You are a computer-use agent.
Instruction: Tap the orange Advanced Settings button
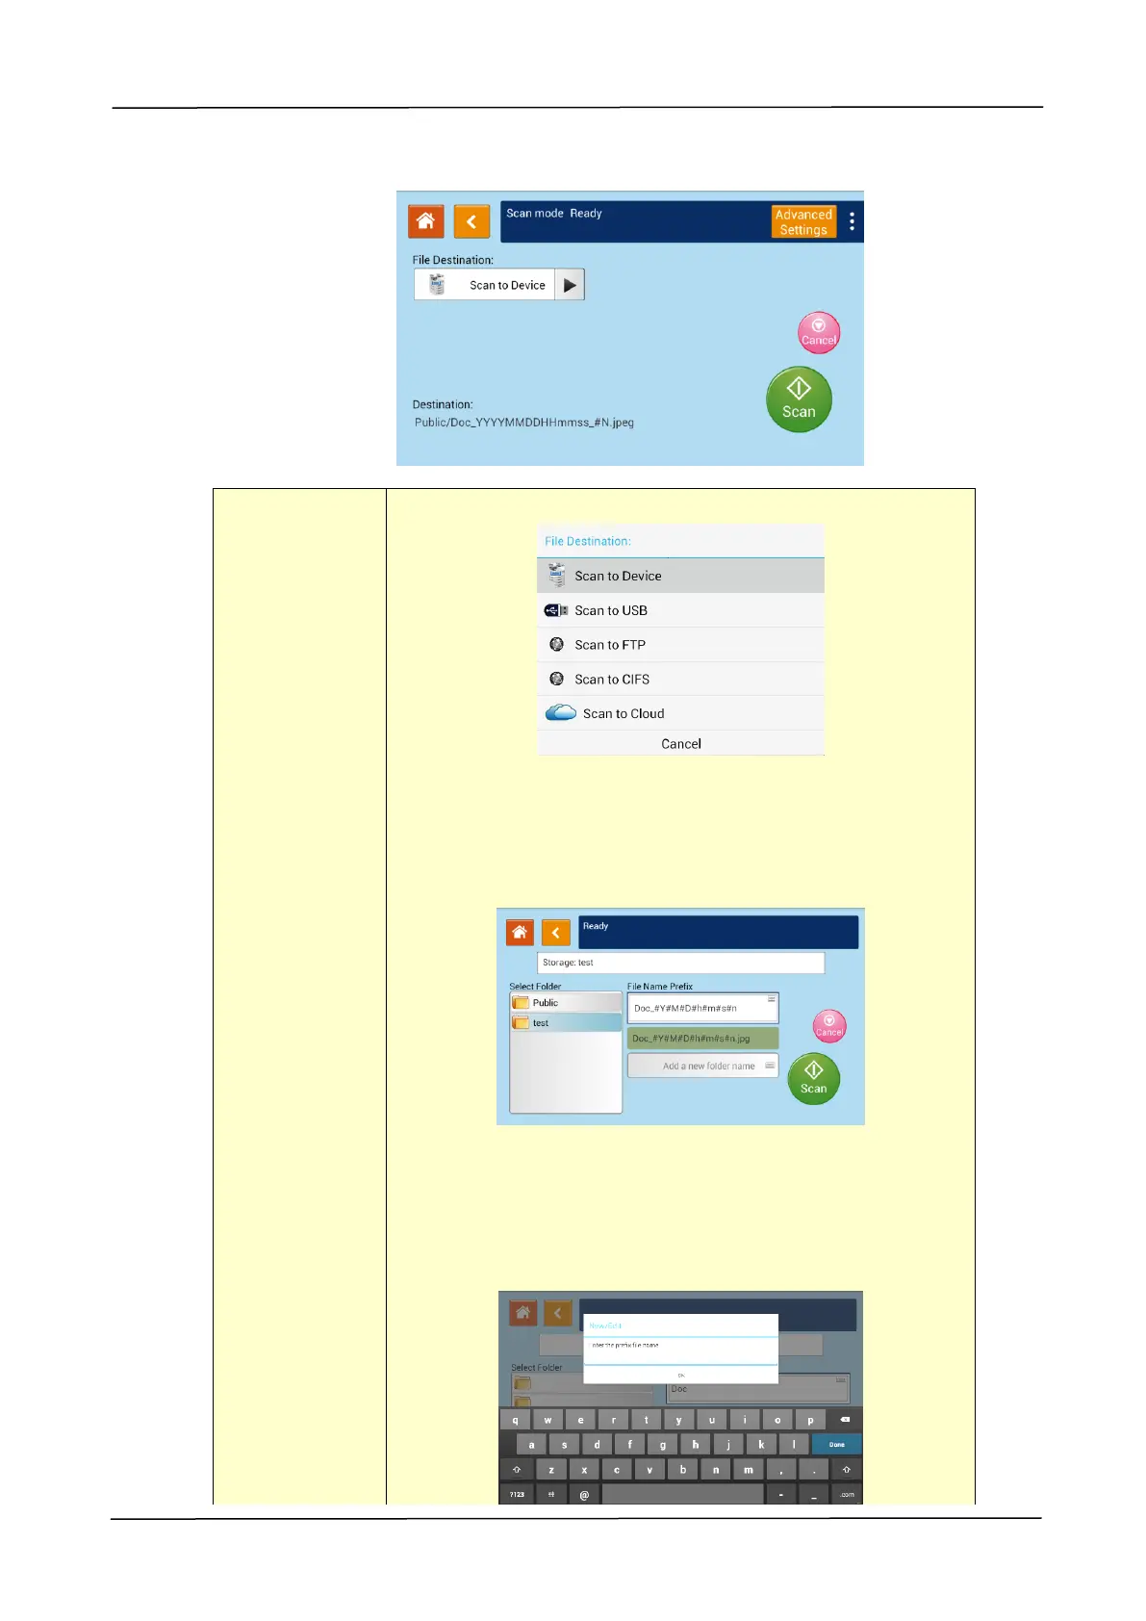(x=803, y=221)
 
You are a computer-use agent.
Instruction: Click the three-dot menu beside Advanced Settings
(x=852, y=221)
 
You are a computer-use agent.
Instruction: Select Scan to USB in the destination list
(x=610, y=610)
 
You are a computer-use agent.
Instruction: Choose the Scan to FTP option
(x=609, y=645)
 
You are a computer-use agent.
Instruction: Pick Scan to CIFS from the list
(x=611, y=680)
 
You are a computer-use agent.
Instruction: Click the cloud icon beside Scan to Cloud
(x=560, y=713)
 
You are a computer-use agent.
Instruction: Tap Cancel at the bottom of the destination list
(x=680, y=744)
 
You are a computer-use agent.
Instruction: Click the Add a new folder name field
(x=702, y=1066)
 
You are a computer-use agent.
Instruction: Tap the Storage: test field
(x=680, y=963)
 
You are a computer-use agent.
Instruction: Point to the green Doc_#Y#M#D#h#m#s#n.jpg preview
(x=702, y=1039)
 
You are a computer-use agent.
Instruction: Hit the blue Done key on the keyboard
(x=836, y=1444)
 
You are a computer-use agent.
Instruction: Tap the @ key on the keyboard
(x=584, y=1495)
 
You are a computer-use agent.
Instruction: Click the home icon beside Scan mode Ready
(x=425, y=221)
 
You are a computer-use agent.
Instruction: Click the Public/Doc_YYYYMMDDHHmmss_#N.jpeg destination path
(x=524, y=423)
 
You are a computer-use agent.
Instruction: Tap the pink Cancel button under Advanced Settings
(x=819, y=333)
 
